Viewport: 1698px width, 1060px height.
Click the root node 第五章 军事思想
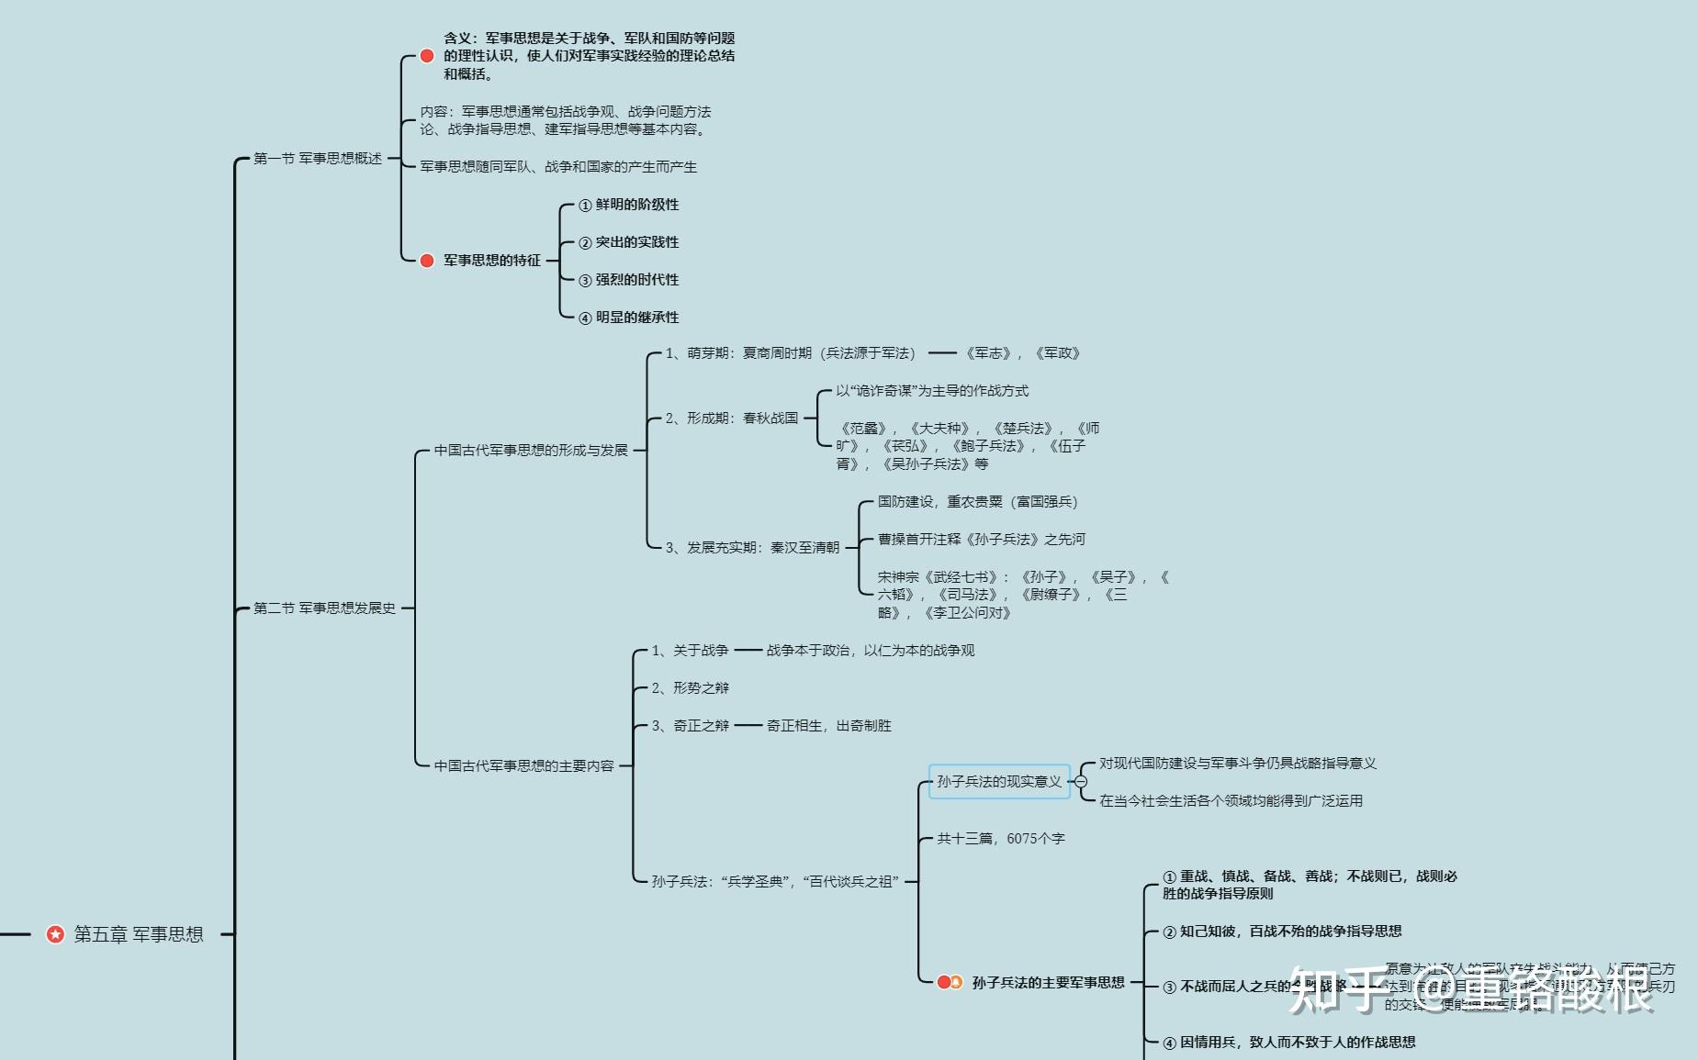tap(138, 934)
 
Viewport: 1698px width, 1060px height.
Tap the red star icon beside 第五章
tap(55, 934)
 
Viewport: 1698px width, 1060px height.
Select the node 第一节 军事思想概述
tap(317, 159)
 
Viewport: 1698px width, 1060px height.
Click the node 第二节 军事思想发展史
tap(324, 608)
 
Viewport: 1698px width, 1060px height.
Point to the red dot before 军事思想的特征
tap(427, 261)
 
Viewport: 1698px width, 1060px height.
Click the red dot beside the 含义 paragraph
tap(427, 56)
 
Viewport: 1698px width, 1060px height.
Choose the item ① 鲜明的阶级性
tap(629, 205)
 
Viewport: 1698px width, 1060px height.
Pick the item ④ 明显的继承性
tap(629, 318)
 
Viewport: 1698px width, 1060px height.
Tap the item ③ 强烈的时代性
tap(629, 280)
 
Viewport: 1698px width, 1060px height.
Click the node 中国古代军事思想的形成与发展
tap(531, 451)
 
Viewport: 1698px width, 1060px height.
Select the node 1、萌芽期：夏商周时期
tap(790, 353)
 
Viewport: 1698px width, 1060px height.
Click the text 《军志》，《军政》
tap(1021, 353)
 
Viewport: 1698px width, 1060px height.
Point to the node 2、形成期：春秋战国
tap(732, 418)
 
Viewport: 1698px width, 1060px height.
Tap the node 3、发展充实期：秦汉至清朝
tap(752, 548)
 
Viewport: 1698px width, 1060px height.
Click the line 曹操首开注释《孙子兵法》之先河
tap(981, 540)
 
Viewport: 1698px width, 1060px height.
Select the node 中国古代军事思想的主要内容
tap(523, 765)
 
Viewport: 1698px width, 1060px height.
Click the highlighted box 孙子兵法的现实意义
tap(999, 782)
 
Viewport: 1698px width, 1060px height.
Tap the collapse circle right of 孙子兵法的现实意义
tap(1081, 782)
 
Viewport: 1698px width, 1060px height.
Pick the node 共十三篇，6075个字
tap(1000, 839)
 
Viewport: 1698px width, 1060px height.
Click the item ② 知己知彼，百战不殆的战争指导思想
tap(1282, 932)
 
